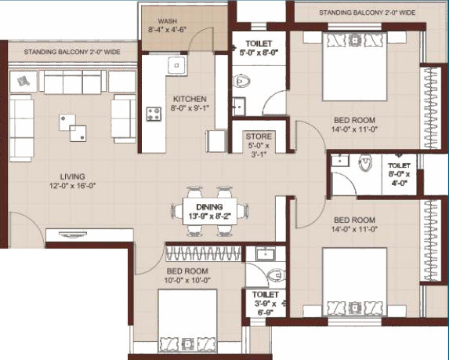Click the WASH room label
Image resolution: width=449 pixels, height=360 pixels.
click(x=168, y=21)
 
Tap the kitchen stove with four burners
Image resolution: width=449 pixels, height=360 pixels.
click(x=154, y=114)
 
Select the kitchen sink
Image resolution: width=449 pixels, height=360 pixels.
click(x=177, y=66)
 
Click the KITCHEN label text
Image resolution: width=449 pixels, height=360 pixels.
click(x=190, y=99)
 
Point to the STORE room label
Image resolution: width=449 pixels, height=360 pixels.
click(x=259, y=136)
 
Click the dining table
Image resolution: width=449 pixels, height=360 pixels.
click(x=209, y=211)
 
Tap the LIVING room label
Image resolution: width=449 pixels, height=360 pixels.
click(x=72, y=176)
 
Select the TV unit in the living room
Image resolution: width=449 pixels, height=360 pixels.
click(x=89, y=235)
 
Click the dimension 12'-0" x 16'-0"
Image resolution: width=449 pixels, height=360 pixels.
click(x=72, y=186)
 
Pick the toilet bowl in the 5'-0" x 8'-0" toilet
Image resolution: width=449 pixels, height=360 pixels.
click(x=241, y=81)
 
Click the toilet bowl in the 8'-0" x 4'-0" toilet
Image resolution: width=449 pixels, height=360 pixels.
click(x=365, y=163)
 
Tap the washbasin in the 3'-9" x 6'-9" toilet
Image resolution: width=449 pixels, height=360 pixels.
click(x=265, y=253)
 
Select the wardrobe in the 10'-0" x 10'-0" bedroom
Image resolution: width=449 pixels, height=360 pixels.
click(x=203, y=253)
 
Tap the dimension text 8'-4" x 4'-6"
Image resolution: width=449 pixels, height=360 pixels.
click(x=168, y=30)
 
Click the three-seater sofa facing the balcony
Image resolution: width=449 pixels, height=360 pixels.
click(x=73, y=82)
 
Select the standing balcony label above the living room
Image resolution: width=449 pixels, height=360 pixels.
click(x=72, y=53)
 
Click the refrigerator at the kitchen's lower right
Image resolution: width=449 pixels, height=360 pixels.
click(x=217, y=141)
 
